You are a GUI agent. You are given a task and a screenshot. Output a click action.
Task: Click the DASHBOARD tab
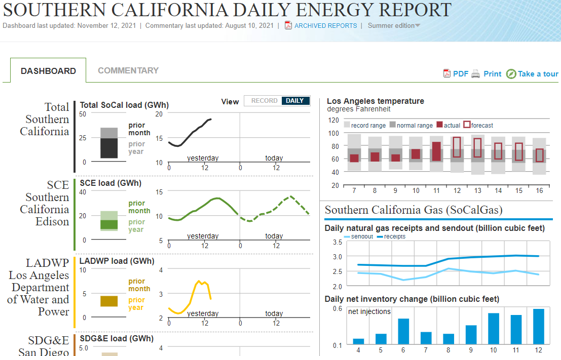[x=48, y=71]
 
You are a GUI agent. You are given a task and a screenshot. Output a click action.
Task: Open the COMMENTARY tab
[x=128, y=71]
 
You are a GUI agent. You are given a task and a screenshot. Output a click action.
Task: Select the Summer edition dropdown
[x=394, y=25]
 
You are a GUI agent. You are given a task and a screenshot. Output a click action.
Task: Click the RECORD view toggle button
[x=264, y=101]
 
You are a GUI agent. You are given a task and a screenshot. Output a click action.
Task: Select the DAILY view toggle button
[x=295, y=101]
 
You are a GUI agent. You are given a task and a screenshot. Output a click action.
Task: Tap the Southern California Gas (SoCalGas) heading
[x=413, y=210]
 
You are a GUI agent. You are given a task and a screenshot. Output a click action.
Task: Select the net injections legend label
[x=369, y=311]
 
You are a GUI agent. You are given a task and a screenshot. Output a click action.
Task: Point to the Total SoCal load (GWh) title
[x=124, y=105]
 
